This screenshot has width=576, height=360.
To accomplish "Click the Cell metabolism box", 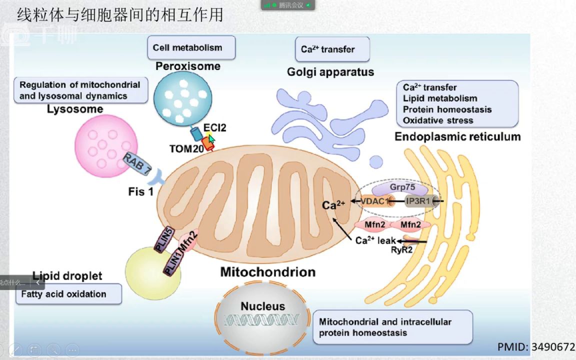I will point(191,48).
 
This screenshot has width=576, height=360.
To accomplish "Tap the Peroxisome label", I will point(187,66).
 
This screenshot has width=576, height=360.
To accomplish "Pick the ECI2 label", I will point(214,128).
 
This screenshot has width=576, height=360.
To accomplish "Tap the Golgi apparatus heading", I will point(330,72).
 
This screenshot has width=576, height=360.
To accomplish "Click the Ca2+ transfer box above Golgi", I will point(332,49).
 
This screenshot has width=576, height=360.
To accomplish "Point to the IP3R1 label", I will point(417,201).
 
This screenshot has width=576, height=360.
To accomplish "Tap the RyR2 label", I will point(401,250).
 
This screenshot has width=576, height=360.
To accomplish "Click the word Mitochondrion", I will point(268,272).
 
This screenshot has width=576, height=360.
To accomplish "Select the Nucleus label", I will point(262,306).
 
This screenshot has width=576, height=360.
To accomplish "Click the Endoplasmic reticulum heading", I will point(457,136).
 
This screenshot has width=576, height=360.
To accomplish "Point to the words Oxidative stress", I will point(438,120).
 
